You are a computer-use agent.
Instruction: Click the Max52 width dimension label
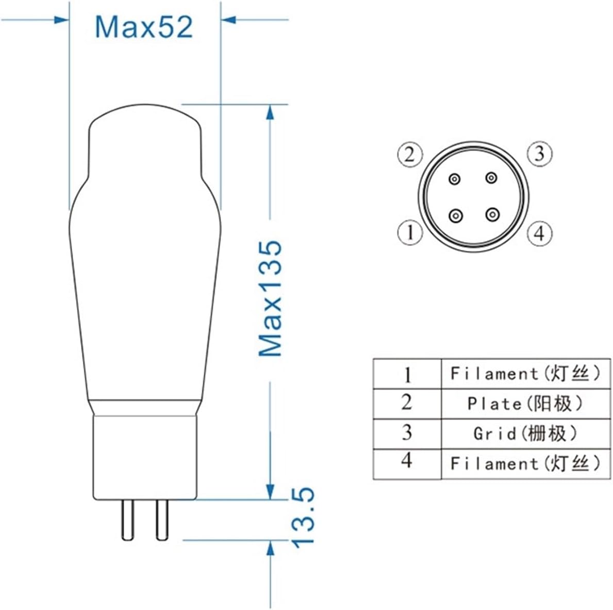pos(144,27)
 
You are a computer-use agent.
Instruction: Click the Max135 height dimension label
pos(271,298)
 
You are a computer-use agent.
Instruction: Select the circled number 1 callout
pos(410,233)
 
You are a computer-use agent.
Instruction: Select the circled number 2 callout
pos(410,154)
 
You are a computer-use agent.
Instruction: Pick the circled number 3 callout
pos(539,154)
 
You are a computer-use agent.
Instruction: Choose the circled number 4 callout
pos(539,233)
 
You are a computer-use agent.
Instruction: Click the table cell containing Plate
pos(525,404)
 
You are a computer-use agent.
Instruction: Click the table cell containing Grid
pos(525,434)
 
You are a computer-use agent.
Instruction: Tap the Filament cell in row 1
pos(525,373)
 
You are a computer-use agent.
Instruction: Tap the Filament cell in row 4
pos(525,463)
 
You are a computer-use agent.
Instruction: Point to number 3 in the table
pos(407,432)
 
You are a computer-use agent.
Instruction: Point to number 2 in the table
pos(407,403)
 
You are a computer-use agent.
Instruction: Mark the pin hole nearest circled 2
pos(454,179)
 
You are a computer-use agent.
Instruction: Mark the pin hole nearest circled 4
pos(493,214)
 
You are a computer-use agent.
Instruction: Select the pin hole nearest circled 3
pos(491,179)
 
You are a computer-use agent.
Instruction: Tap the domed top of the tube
pos(145,121)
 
